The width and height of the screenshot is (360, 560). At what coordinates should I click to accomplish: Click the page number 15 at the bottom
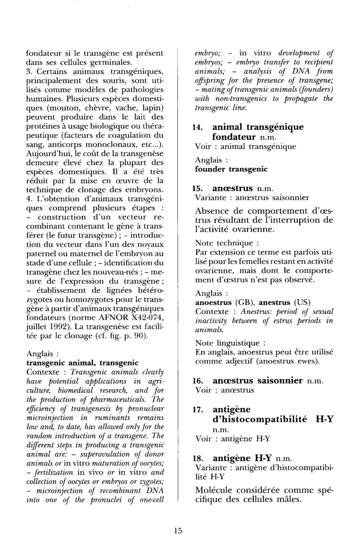[178, 531]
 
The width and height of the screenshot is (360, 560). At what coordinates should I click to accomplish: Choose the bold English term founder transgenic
[231, 170]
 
